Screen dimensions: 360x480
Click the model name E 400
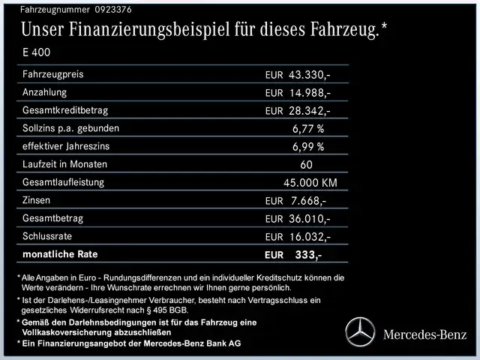coord(37,53)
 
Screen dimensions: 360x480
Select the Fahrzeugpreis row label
coord(53,74)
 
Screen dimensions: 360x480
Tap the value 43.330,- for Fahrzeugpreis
coord(309,75)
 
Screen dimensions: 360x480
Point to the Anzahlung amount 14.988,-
coord(309,93)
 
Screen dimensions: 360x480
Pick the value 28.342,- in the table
coord(309,111)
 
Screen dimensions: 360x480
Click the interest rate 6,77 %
coord(308,129)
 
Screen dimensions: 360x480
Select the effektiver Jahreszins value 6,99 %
coord(308,147)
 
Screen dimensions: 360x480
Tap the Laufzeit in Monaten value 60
coord(305,165)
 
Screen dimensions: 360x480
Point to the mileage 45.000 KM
coord(310,183)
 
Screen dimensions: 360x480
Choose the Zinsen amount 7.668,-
coord(309,201)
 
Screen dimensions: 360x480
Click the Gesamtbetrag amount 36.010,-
coord(309,219)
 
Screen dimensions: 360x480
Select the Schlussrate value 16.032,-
coord(309,237)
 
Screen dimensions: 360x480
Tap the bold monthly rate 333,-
coord(308,255)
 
